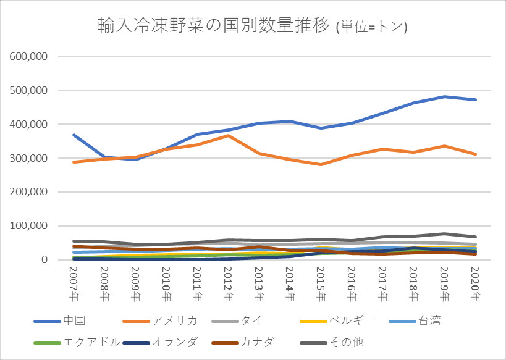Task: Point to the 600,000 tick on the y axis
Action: point(29,56)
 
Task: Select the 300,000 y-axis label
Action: point(29,158)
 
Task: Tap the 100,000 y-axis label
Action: point(29,226)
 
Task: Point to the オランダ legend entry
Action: point(179,341)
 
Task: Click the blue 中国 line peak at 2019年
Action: point(444,97)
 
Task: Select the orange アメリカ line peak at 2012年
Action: point(227,136)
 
